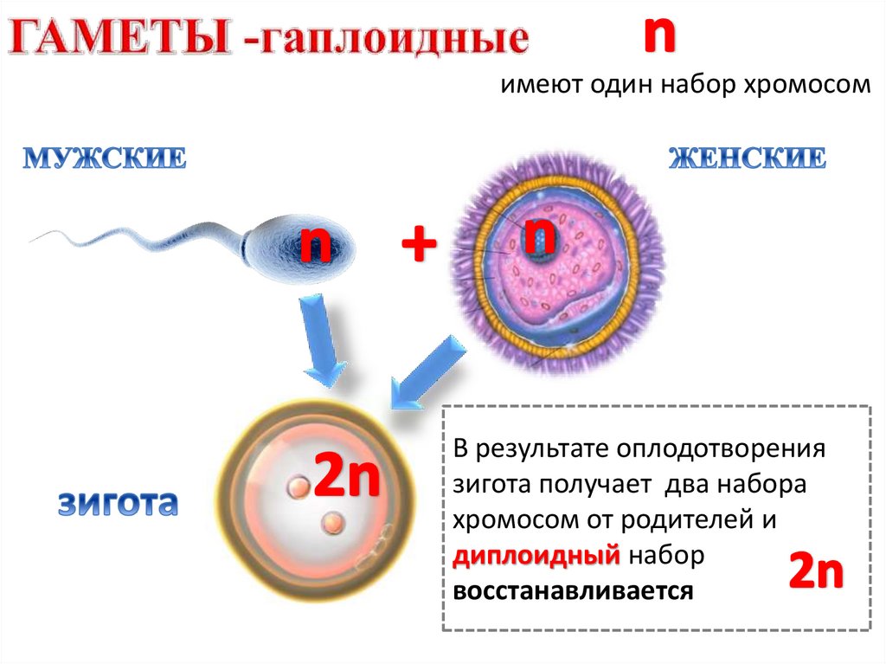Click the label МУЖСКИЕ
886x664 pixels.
pos(105,159)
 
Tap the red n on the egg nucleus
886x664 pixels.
pos(542,234)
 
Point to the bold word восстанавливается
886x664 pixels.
pos(572,591)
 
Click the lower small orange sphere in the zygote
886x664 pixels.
pos(332,522)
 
